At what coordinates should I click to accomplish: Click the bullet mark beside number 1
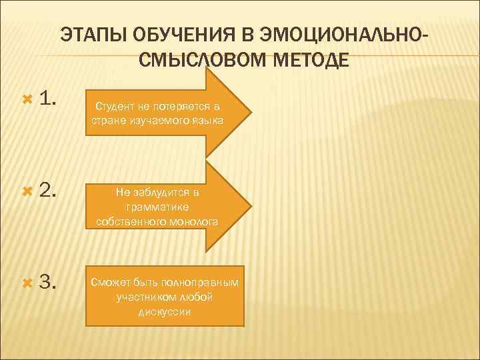pyautogui.click(x=27, y=100)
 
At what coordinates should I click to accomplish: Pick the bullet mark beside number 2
pyautogui.click(x=27, y=192)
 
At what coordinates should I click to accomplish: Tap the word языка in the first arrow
pyautogui.click(x=208, y=120)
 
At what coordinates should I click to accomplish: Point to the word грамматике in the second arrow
pyautogui.click(x=157, y=207)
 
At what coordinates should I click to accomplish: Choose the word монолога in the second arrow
pyautogui.click(x=193, y=221)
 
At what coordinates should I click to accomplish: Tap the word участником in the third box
pyautogui.click(x=142, y=297)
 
